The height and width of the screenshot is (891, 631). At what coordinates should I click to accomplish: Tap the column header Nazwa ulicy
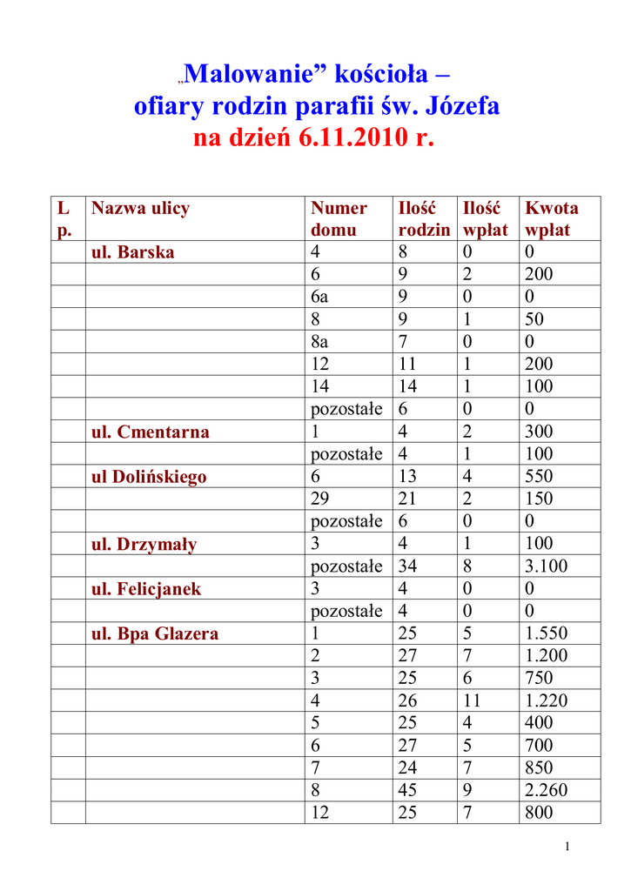[140, 208]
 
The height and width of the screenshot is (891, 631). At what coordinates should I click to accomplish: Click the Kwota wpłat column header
[552, 218]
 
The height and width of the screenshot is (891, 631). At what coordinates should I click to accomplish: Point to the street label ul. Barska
[133, 252]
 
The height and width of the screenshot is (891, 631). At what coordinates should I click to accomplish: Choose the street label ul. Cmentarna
[151, 432]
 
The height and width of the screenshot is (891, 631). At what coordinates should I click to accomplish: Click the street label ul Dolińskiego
[149, 477]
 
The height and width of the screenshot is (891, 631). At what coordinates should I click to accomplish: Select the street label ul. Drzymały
[144, 545]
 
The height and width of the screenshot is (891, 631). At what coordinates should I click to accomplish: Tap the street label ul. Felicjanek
[146, 589]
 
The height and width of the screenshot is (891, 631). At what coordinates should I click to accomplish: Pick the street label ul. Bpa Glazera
[155, 634]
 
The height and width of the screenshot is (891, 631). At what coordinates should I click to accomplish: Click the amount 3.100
[547, 566]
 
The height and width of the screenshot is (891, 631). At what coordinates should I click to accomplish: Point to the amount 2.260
[547, 791]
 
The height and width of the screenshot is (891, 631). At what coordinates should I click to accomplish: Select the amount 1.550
[547, 634]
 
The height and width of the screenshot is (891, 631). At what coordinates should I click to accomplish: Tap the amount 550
[539, 477]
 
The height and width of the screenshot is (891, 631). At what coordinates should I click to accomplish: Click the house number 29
[320, 499]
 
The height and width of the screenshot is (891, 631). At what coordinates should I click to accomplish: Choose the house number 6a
[320, 298]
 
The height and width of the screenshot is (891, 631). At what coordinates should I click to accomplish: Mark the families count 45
[407, 791]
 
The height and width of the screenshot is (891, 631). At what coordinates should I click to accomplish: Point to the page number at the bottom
[567, 847]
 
